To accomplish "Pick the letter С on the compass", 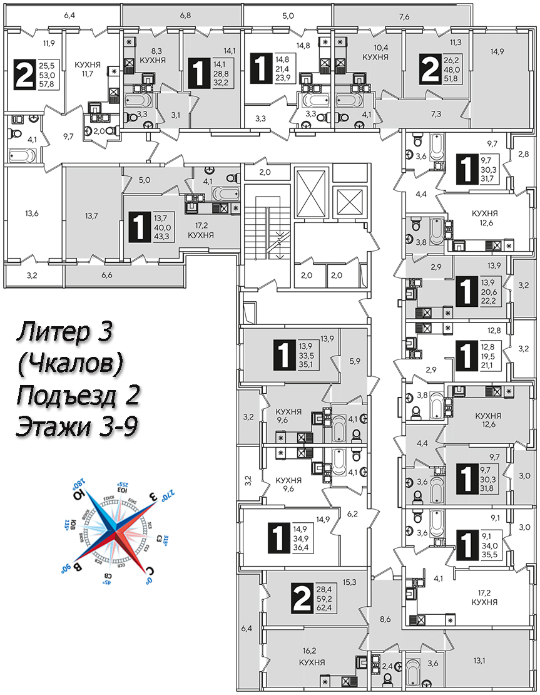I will (149, 569).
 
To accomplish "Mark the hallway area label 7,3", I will (437, 113).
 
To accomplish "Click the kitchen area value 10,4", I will (375, 46).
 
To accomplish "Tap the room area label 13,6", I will (32, 214).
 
